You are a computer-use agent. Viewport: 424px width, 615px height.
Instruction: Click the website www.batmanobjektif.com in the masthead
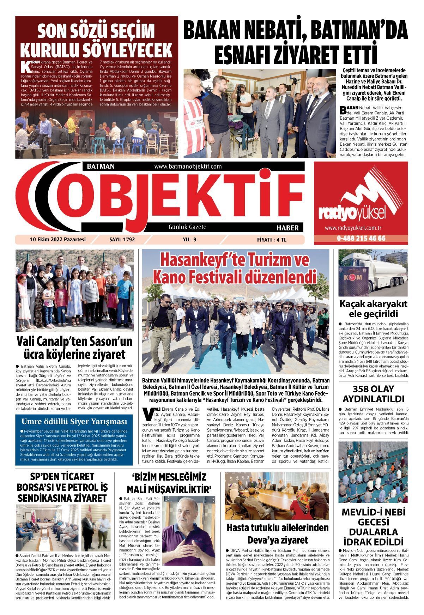point(188,167)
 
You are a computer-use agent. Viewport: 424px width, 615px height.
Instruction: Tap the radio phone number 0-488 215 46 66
point(361,239)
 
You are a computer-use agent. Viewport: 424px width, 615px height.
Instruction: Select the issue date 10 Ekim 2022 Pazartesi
point(58,239)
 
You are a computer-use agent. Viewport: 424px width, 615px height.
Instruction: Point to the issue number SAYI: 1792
point(122,240)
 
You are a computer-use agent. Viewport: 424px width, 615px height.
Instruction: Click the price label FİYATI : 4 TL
point(272,240)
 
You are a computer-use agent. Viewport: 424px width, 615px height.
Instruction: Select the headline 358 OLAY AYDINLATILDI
point(373,394)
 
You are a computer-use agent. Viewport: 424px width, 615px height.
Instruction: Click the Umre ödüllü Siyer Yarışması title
point(74,422)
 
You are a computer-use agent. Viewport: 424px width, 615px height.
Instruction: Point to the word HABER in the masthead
point(287,228)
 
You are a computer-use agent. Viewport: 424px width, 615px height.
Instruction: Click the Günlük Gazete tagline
point(187,227)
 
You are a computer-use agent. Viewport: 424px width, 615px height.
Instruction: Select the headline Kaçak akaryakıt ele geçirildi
point(373,309)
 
